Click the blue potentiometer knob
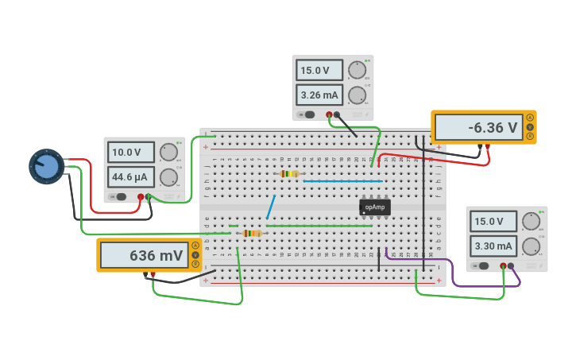pyautogui.click(x=47, y=166)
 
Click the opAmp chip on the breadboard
pyautogui.click(x=374, y=207)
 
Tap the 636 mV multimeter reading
pyautogui.click(x=144, y=255)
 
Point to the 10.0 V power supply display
pyautogui.click(x=130, y=152)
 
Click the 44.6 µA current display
pyautogui.click(x=130, y=176)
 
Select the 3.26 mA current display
pyautogui.click(x=319, y=95)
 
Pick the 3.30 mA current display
pyautogui.click(x=493, y=246)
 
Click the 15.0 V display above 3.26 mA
pyautogui.click(x=319, y=70)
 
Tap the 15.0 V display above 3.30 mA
pyautogui.click(x=493, y=221)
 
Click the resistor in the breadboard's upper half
pyautogui.click(x=289, y=173)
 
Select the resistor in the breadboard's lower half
pyautogui.click(x=252, y=233)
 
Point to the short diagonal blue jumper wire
pyautogui.click(x=271, y=207)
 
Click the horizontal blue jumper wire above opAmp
pyautogui.click(x=342, y=181)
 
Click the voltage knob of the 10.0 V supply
pyautogui.click(x=168, y=152)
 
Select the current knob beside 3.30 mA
pyautogui.click(x=532, y=246)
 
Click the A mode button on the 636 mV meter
pyautogui.click(x=195, y=245)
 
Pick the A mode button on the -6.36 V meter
pyautogui.click(x=530, y=117)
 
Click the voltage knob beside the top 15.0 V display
pyautogui.click(x=357, y=70)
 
